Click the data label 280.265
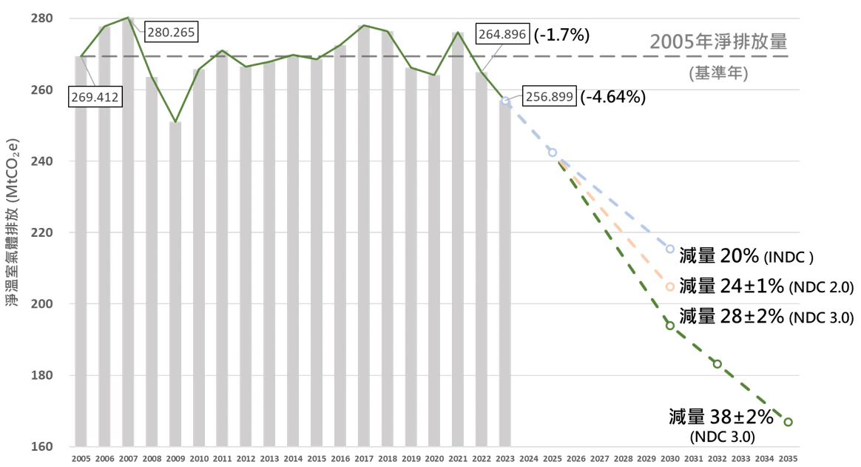[x=172, y=33]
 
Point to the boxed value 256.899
[x=549, y=97]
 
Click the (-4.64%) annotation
[x=613, y=97]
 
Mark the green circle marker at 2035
[x=788, y=422]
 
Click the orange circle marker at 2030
[x=670, y=286]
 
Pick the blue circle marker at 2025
[x=552, y=152]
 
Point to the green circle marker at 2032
[x=717, y=363]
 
